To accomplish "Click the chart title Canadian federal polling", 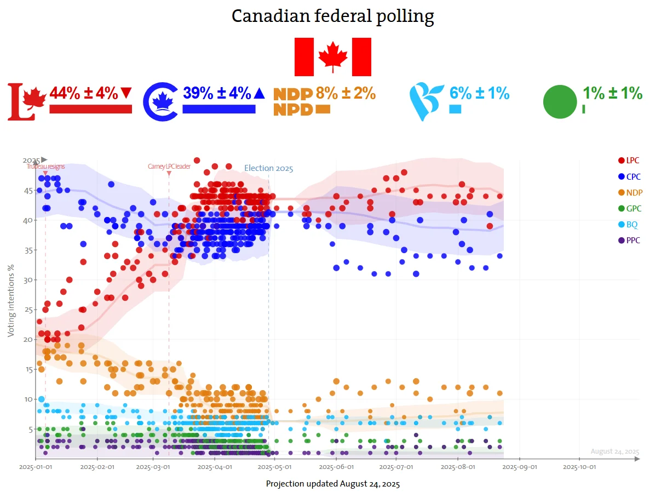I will coord(333,16).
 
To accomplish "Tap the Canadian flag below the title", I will coord(333,57).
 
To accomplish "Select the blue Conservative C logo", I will coord(160,101).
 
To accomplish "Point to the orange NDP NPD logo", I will coord(293,101).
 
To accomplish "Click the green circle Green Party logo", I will coord(560,102).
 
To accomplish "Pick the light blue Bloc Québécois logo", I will coord(427,101).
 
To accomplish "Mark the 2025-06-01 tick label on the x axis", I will coord(336,467).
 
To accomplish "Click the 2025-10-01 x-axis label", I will coord(579,467).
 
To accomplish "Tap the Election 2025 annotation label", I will coord(268,168).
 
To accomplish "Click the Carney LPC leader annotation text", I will coord(169,167).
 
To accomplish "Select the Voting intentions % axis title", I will coord(11,300).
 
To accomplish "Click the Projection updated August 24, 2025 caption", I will coord(333,484).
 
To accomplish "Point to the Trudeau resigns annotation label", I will coord(45,167).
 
